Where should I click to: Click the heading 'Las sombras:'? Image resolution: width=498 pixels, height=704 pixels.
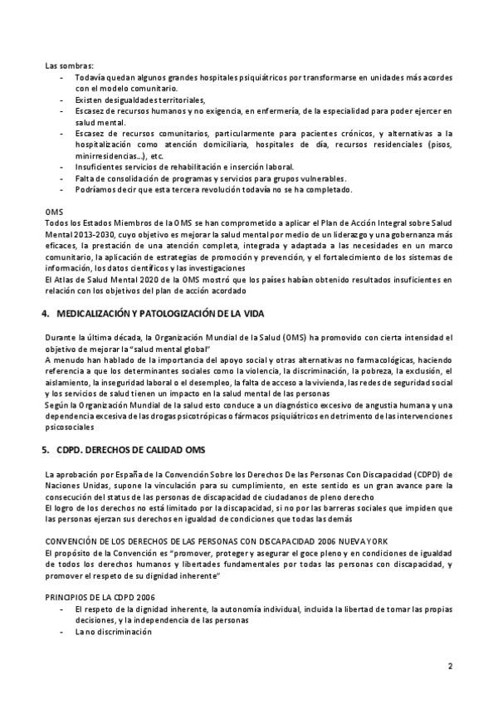[69, 66]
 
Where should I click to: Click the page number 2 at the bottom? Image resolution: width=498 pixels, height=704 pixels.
[450, 666]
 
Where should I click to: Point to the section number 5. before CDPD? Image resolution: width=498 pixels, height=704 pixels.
[45, 449]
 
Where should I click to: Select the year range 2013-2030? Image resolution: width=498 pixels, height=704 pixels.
[93, 235]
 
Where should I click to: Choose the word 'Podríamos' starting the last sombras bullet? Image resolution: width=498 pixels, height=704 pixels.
[94, 188]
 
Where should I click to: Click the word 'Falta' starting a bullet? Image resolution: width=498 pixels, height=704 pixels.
[84, 177]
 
